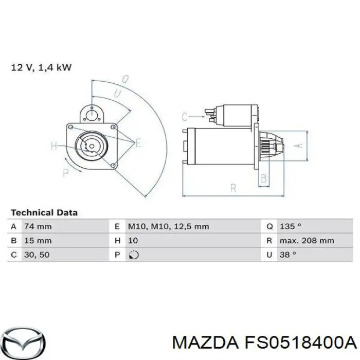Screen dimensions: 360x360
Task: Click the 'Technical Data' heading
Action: pyautogui.click(x=44, y=212)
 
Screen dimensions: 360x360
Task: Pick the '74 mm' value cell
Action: pyautogui.click(x=38, y=226)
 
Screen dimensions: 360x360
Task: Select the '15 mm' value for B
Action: pyautogui.click(x=38, y=240)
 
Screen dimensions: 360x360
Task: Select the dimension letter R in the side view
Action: pyautogui.click(x=233, y=189)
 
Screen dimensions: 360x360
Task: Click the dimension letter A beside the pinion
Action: pyautogui.click(x=297, y=146)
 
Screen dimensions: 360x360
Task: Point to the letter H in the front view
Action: pyautogui.click(x=54, y=146)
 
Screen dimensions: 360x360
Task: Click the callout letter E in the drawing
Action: pyautogui.click(x=137, y=143)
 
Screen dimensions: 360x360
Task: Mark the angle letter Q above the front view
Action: pyautogui.click(x=125, y=79)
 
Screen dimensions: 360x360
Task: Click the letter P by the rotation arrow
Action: pyautogui.click(x=66, y=173)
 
